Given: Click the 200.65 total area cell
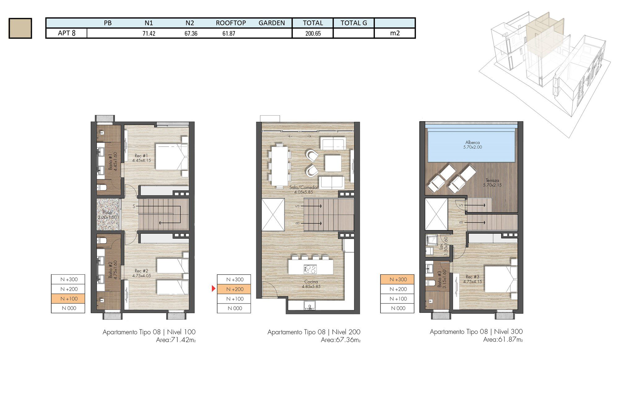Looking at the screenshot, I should tap(313, 33).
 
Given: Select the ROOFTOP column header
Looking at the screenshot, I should tap(231, 23).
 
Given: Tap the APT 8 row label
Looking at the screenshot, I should tap(67, 33).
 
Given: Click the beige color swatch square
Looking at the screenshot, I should tap(20, 28).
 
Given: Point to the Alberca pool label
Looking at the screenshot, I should tap(472, 145).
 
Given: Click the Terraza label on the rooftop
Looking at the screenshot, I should tap(492, 183).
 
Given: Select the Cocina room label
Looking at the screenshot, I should tap(311, 284).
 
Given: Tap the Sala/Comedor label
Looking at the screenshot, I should tap(303, 189).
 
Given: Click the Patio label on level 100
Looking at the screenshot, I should tap(107, 214).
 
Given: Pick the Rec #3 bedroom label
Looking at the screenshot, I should tap(472, 279).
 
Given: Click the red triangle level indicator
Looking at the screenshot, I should tap(213, 289).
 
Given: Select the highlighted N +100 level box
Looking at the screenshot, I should tap(68, 298).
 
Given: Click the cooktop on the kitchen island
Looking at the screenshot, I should tap(310, 269).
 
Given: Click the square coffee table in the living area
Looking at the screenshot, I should tap(333, 163).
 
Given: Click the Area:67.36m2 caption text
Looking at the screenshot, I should tap(340, 340).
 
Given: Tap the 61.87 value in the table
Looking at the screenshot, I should tap(229, 33).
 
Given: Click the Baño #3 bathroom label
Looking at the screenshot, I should tap(442, 279).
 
